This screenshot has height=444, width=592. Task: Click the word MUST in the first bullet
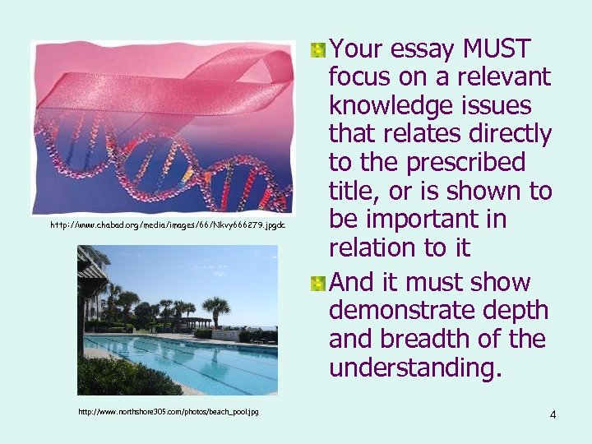tap(498, 49)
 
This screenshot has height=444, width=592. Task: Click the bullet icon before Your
tap(317, 50)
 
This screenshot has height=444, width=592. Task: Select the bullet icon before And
tap(317, 283)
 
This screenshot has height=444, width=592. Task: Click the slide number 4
tap(553, 414)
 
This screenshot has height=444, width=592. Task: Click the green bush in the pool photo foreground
tap(123, 378)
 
